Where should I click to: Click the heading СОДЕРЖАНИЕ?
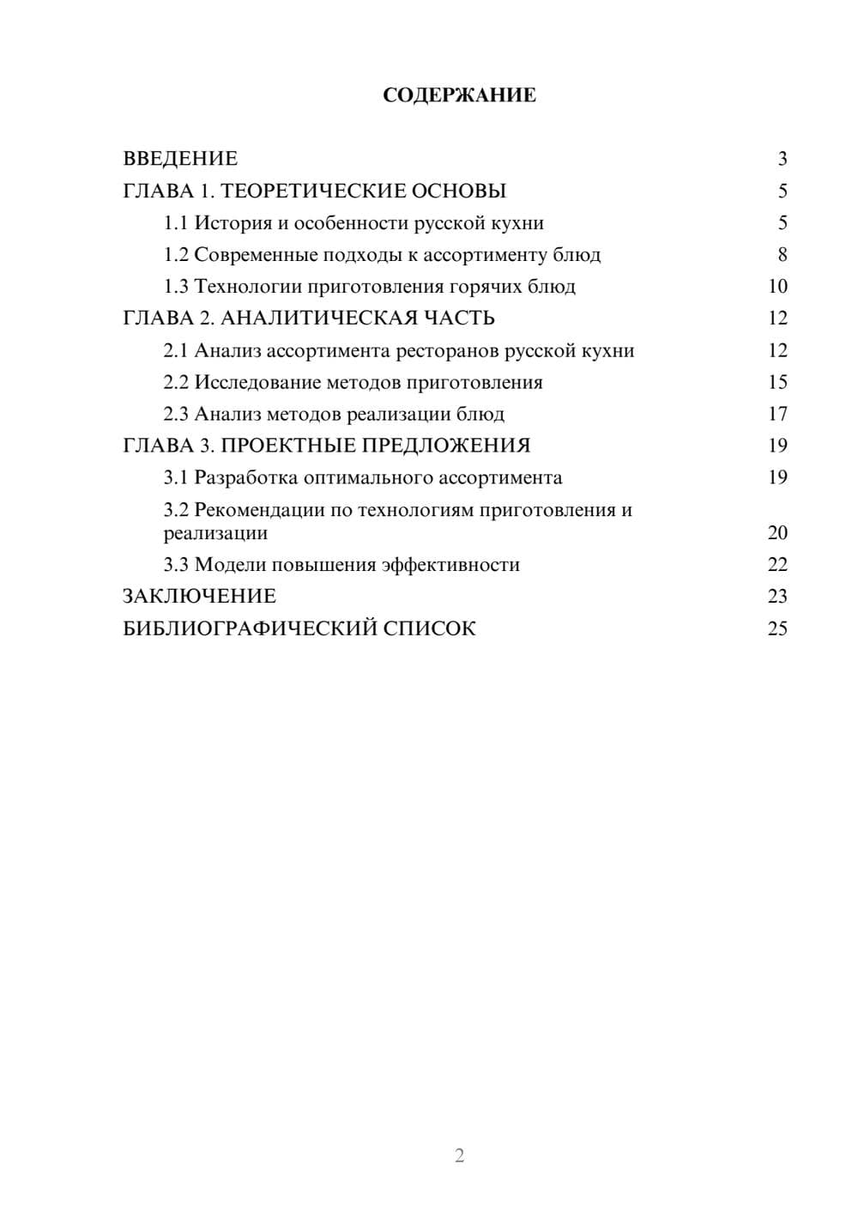(459, 95)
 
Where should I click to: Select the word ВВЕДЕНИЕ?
(180, 159)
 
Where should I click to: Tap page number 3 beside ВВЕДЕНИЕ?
(782, 159)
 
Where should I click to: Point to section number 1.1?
(176, 223)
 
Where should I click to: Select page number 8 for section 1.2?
(782, 255)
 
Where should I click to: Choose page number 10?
(777, 287)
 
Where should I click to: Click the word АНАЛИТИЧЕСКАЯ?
(317, 319)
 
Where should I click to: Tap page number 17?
(777, 415)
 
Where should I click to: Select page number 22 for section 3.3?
(777, 565)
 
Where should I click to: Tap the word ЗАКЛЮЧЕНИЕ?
(199, 597)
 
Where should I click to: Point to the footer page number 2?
(459, 1156)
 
